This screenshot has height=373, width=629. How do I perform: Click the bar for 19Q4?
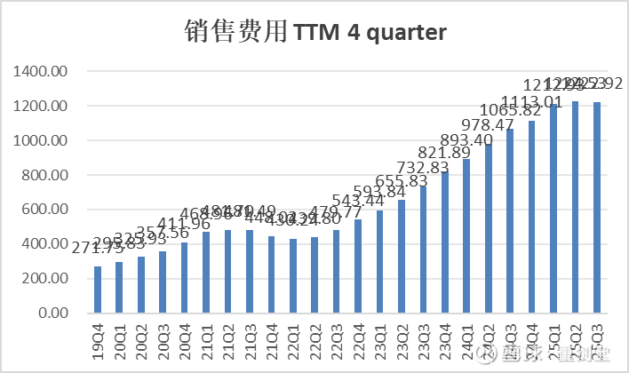[98, 290]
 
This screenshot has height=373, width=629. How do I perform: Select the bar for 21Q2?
[228, 272]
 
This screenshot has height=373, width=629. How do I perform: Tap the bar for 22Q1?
[293, 276]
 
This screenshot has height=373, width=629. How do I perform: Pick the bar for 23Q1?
[380, 262]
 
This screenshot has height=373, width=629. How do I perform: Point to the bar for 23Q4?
[445, 242]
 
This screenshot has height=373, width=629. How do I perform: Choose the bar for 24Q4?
[531, 218]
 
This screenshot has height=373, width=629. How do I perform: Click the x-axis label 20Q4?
[185, 341]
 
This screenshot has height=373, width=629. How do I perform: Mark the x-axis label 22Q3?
[337, 341]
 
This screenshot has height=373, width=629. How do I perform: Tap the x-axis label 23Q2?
[402, 341]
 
